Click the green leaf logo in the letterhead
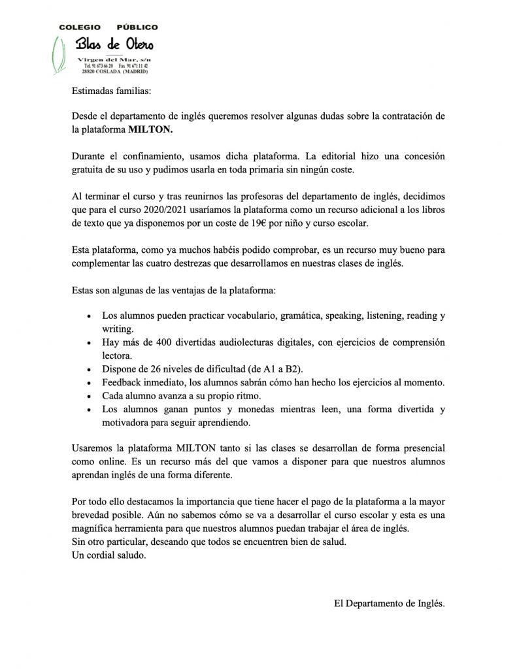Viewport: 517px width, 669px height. pyautogui.click(x=60, y=54)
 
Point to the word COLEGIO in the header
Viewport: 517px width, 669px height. pyautogui.click(x=80, y=27)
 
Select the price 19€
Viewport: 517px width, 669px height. pyautogui.click(x=320, y=223)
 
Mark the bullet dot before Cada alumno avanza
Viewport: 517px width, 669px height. pyautogui.click(x=89, y=397)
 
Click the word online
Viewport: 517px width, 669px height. pyautogui.click(x=108, y=463)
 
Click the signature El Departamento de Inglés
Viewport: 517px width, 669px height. pyautogui.click(x=389, y=604)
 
